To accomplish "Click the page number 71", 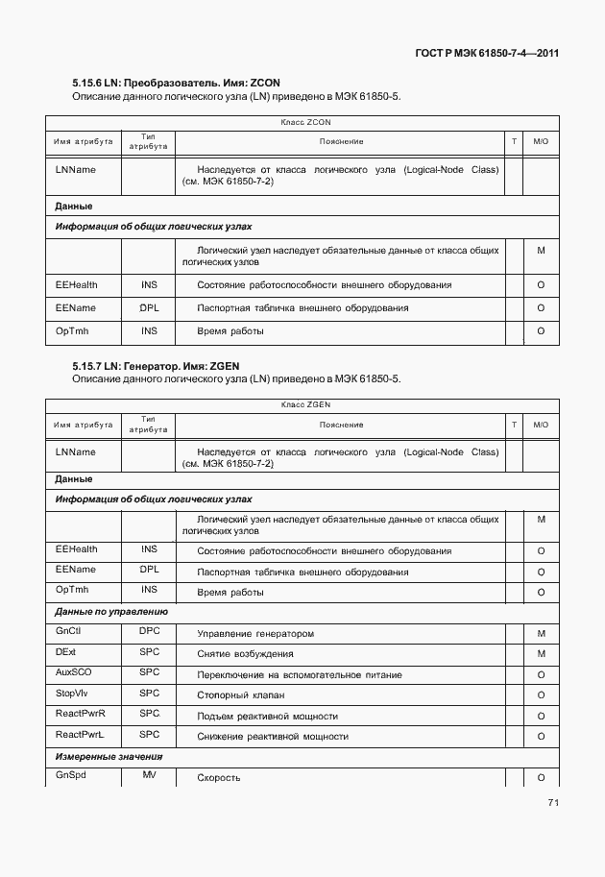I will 553,803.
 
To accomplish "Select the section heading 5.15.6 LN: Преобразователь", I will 176,84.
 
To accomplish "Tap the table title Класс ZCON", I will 305,123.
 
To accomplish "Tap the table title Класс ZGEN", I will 305,405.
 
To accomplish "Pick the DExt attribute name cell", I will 65,652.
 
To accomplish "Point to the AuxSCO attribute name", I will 72,672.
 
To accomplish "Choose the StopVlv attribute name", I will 72,693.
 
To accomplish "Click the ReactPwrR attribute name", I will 81,714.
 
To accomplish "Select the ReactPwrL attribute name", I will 80,735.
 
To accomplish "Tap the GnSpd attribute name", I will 70,775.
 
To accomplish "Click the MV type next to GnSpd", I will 149,775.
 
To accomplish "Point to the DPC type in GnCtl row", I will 149,632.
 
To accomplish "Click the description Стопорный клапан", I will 240,695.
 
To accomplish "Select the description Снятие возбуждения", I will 245,654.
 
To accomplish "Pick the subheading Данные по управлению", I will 111,611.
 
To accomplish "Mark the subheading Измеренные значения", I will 109,756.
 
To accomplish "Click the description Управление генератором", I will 255,634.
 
